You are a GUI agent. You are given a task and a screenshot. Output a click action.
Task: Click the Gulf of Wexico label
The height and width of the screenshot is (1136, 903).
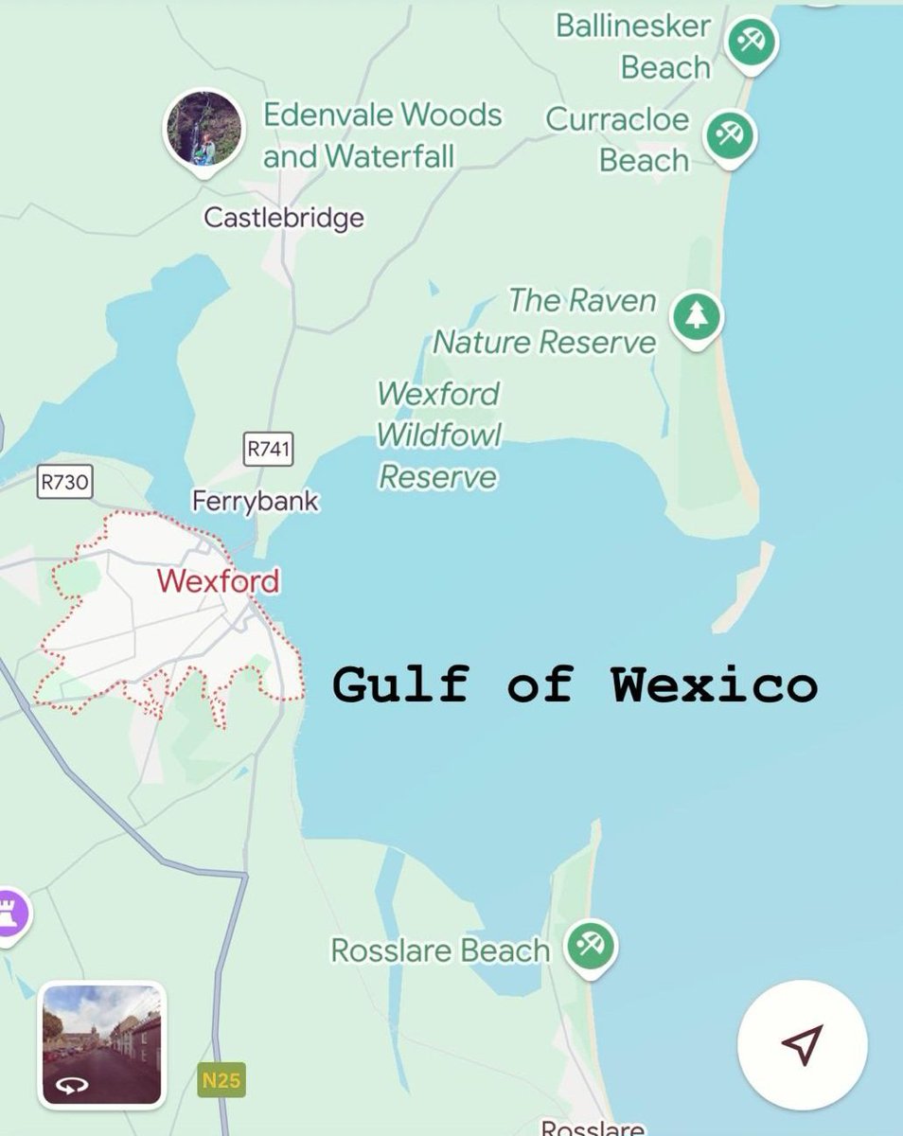[x=575, y=683]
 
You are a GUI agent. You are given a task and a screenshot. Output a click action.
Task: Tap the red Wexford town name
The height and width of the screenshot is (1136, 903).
[x=219, y=580]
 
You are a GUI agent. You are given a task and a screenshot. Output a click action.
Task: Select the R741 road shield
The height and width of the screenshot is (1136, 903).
[x=269, y=450]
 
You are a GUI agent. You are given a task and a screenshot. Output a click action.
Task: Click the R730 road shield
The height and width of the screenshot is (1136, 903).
[x=65, y=482]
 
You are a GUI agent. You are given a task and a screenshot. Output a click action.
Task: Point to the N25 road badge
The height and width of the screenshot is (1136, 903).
[x=221, y=1080]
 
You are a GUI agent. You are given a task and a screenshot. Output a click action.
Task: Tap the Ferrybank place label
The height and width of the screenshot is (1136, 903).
[x=256, y=501]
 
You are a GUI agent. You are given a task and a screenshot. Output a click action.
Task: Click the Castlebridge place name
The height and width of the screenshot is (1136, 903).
[x=284, y=219]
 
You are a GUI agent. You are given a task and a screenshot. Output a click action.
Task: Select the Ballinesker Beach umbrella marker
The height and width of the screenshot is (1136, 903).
[x=752, y=43]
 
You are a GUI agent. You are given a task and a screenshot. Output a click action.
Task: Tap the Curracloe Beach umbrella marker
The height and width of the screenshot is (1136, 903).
[x=730, y=134]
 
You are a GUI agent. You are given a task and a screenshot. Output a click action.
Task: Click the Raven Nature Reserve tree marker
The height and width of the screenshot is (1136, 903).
[x=697, y=317]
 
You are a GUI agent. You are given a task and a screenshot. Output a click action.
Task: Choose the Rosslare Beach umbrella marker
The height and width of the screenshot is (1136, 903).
[x=592, y=945]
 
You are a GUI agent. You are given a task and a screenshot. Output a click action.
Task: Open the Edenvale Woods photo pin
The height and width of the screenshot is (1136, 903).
[x=203, y=128]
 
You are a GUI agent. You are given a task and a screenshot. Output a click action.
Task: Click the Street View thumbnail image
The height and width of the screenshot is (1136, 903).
[x=102, y=1044]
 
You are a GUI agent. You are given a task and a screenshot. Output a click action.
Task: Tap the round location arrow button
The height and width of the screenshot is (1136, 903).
[x=802, y=1044]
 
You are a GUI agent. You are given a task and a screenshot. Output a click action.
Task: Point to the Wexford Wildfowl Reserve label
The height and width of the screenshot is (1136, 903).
[x=437, y=435]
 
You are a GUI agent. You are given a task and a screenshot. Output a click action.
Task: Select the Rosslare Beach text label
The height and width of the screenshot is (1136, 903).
[x=439, y=950]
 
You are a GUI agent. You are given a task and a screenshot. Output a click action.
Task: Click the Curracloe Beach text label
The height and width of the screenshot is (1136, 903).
[x=618, y=140]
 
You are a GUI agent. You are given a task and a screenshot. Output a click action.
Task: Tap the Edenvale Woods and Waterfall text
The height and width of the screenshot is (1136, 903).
[x=381, y=134]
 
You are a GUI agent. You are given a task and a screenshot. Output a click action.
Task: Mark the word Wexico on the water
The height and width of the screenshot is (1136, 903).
[x=714, y=683]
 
